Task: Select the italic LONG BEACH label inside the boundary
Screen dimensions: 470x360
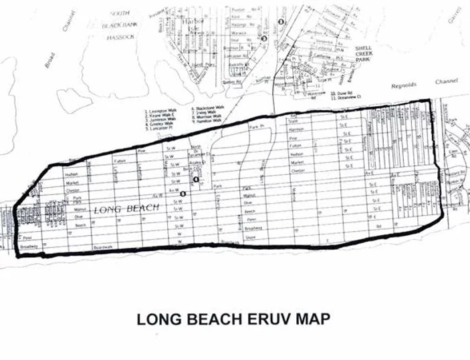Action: tap(126, 208)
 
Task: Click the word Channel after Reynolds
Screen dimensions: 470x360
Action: tap(444, 81)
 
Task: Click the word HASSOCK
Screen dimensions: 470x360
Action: tap(120, 37)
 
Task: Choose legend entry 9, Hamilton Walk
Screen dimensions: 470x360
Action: tap(208, 122)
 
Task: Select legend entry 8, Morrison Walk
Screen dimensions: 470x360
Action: tap(208, 118)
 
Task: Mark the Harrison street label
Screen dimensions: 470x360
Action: tap(297, 129)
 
